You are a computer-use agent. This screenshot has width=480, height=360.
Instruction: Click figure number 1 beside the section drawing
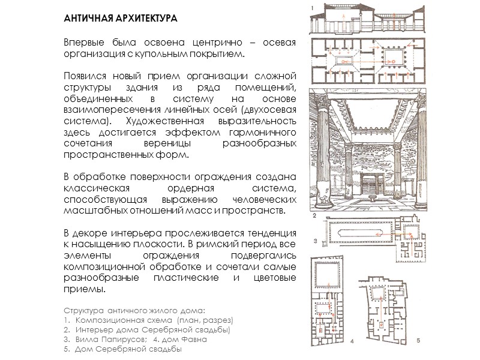pos(312,7)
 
